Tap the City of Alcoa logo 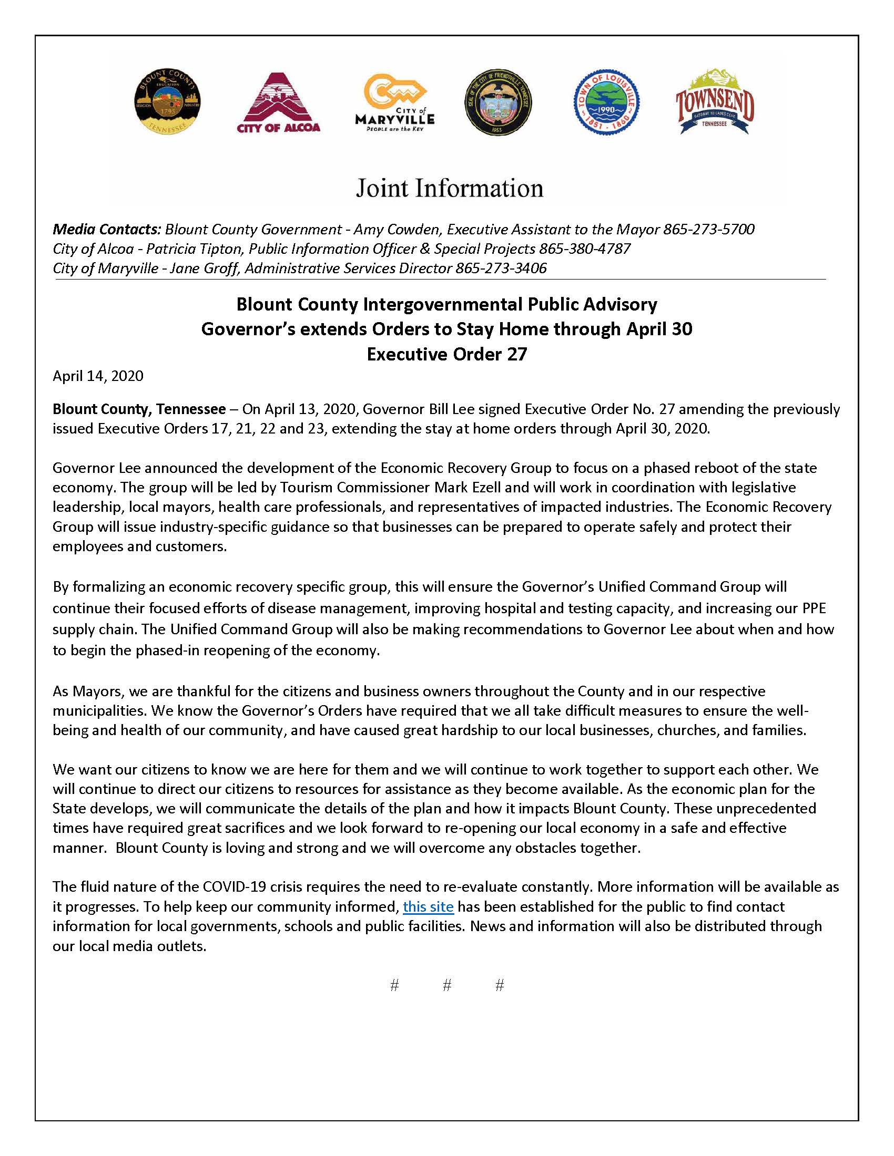click(278, 102)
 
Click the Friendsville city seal click(499, 101)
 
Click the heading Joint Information click(449, 189)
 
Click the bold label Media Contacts click(106, 229)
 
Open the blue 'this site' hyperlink click(428, 907)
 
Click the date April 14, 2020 click(98, 376)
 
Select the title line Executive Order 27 click(446, 354)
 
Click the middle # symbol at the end click(446, 985)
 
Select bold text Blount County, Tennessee click(139, 409)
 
